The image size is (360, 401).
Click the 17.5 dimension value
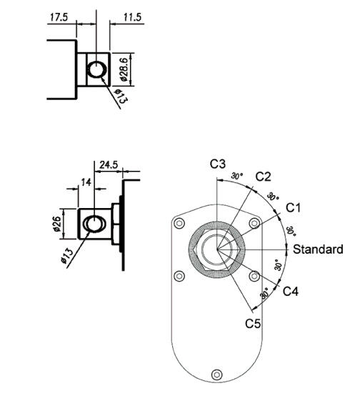pos(59,17)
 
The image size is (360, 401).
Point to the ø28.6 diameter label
pos(122,69)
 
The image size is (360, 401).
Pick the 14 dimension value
pos(86,182)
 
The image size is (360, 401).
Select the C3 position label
pos(218,164)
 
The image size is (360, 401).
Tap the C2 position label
pos(263,176)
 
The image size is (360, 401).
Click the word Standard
pos(318,249)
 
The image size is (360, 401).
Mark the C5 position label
pos(253,323)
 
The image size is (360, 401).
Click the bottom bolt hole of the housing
pos(216,372)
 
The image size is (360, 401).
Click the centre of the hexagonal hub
pos(217,249)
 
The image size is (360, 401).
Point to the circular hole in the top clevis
pos(95,69)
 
